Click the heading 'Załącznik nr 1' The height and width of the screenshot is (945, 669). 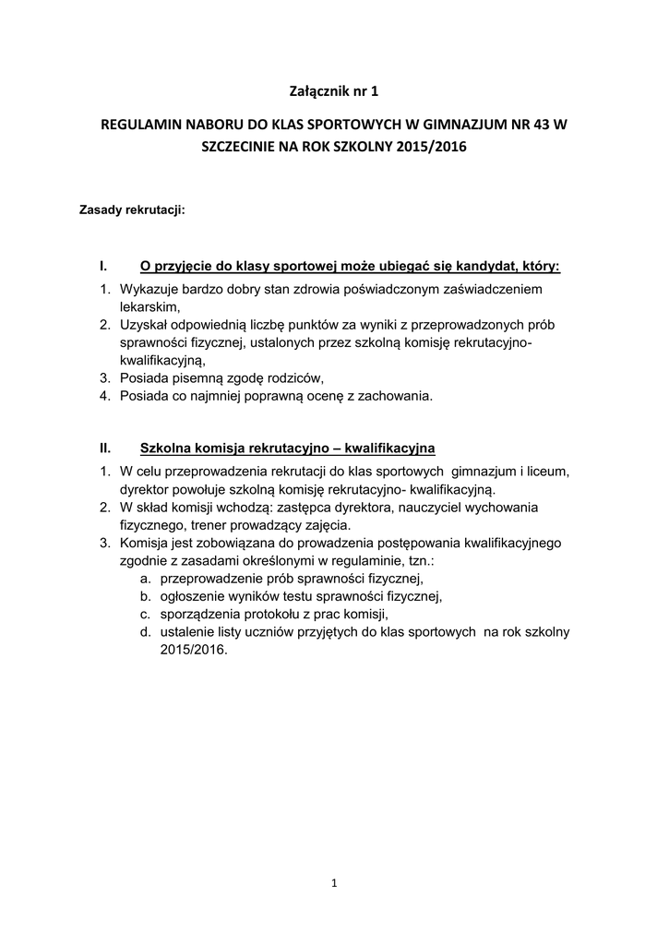(x=334, y=90)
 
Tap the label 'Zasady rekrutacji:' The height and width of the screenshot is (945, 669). (x=136, y=210)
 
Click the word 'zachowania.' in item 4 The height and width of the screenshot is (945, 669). (x=396, y=397)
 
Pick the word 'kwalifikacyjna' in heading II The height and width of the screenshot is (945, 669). (x=390, y=449)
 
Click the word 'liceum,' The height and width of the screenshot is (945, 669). (x=545, y=471)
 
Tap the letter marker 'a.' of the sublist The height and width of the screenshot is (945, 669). (x=147, y=579)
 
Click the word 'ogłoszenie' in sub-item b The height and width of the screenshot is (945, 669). (x=193, y=596)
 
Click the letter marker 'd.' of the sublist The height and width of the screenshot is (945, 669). (x=147, y=632)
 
